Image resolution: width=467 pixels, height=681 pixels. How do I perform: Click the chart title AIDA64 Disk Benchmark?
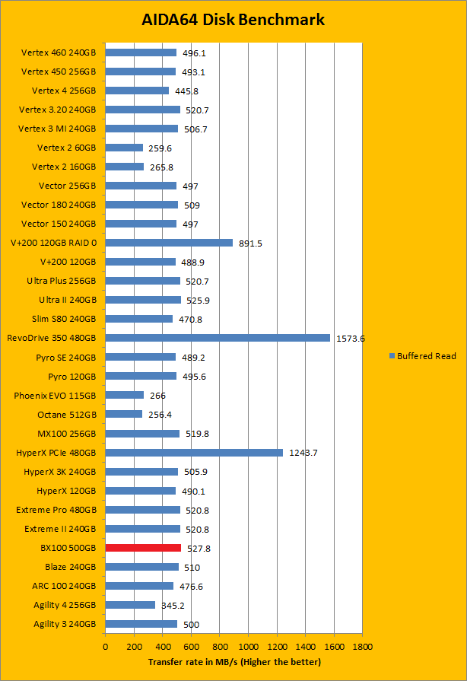[x=233, y=20]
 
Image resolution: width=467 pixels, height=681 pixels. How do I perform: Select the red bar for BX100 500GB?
[x=143, y=548]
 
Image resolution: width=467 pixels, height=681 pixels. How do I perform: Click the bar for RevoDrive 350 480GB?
[x=218, y=338]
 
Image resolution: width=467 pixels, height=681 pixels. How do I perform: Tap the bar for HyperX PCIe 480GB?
[x=194, y=453]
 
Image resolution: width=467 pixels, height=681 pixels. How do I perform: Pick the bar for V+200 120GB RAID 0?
[x=169, y=243]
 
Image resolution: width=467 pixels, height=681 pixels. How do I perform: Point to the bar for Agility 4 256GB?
[x=130, y=605]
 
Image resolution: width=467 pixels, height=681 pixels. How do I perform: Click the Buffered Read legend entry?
[x=423, y=356]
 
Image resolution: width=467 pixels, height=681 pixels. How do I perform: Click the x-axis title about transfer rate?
[x=234, y=662]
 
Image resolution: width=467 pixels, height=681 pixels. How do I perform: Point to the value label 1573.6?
[x=351, y=339]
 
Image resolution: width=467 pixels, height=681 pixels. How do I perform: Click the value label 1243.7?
[x=303, y=453]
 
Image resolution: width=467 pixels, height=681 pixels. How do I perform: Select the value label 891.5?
[x=251, y=243]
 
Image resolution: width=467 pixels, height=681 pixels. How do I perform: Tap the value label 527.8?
[x=199, y=548]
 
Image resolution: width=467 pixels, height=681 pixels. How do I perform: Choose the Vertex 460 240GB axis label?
[x=59, y=53]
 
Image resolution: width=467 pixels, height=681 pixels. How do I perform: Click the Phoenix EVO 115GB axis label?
[x=55, y=396]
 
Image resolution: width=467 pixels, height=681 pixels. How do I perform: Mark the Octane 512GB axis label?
[x=67, y=415]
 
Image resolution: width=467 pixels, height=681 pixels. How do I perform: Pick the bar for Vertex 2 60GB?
[x=124, y=148]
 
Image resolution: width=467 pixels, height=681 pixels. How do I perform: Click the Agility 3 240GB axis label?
[x=65, y=624]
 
